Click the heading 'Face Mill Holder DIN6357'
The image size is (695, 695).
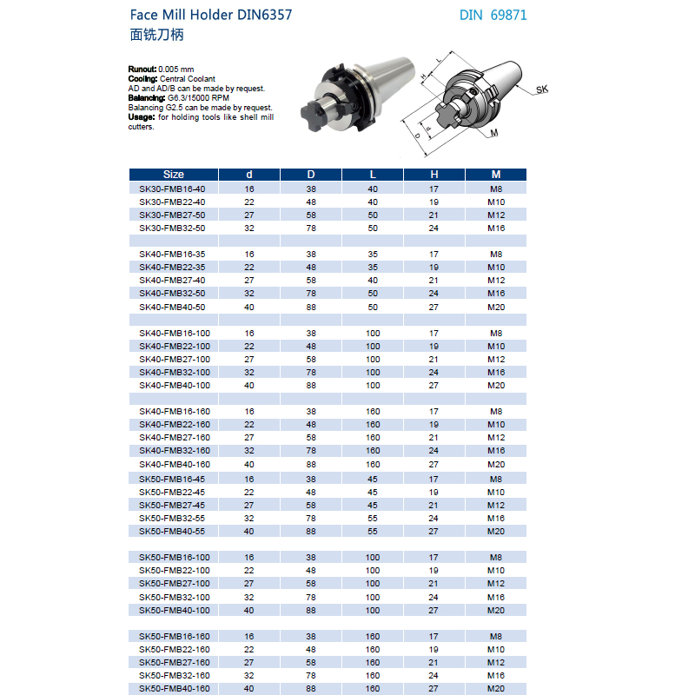coord(210,16)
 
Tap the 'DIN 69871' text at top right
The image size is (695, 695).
coord(493,16)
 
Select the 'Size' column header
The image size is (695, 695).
coord(173,175)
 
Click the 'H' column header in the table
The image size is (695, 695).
coord(434,175)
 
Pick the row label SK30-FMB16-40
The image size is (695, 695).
coord(173,189)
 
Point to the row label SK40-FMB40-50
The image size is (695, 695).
coord(173,307)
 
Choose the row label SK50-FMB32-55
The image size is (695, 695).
coord(173,518)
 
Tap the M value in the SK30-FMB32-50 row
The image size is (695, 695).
coord(496,228)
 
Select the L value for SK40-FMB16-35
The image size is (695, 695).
coord(373,255)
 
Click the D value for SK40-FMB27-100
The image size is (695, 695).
coord(311,359)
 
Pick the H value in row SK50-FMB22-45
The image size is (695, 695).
coord(434,492)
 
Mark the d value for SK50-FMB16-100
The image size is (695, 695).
coord(249,557)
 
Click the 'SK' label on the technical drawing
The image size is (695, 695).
coord(541,89)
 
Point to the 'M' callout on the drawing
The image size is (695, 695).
coord(494,133)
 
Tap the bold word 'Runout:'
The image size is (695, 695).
coord(142,68)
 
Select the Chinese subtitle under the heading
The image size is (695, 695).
coord(156,36)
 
